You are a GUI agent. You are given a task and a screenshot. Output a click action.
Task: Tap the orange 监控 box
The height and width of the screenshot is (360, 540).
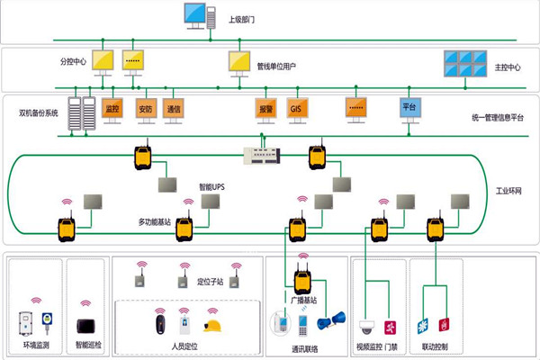(112, 109)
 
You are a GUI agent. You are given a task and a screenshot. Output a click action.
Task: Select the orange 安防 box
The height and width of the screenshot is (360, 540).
(145, 109)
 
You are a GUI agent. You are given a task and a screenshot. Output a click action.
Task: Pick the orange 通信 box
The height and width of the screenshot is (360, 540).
(174, 109)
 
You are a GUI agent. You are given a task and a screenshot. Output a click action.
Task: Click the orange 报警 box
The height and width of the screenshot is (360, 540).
(265, 109)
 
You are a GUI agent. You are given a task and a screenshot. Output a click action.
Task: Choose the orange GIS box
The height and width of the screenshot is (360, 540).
(296, 109)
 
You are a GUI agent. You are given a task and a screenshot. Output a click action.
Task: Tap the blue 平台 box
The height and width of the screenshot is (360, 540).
(409, 108)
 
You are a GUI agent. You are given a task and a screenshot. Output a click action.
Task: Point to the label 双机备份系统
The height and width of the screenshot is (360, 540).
(38, 113)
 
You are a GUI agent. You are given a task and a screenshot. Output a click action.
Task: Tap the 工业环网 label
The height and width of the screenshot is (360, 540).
(510, 193)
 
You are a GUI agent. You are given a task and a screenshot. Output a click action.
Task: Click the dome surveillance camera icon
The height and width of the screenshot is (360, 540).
(367, 326)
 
